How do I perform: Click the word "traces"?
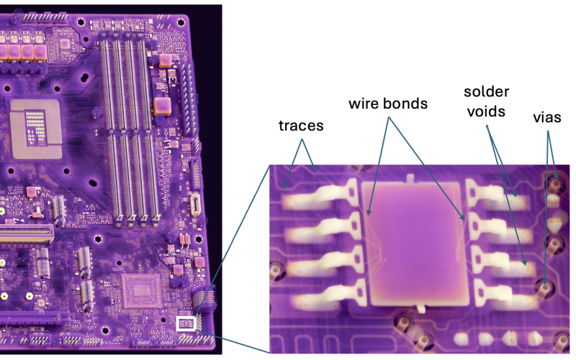pos(301,125)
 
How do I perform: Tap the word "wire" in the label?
pos(363,104)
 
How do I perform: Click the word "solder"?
pos(487,91)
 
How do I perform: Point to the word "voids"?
pos(487,112)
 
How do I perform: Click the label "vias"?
pos(547,117)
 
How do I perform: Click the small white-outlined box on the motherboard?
pos(186,323)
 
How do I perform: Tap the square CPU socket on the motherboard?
pos(35,129)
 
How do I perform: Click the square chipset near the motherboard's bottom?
pos(141,291)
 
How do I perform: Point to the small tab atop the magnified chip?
pos(410,178)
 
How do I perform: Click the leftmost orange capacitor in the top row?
pos(2,52)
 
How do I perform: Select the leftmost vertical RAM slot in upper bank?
pos(105,85)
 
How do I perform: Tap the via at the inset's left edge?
pos(276,271)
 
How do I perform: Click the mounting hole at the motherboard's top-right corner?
pos(181,23)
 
